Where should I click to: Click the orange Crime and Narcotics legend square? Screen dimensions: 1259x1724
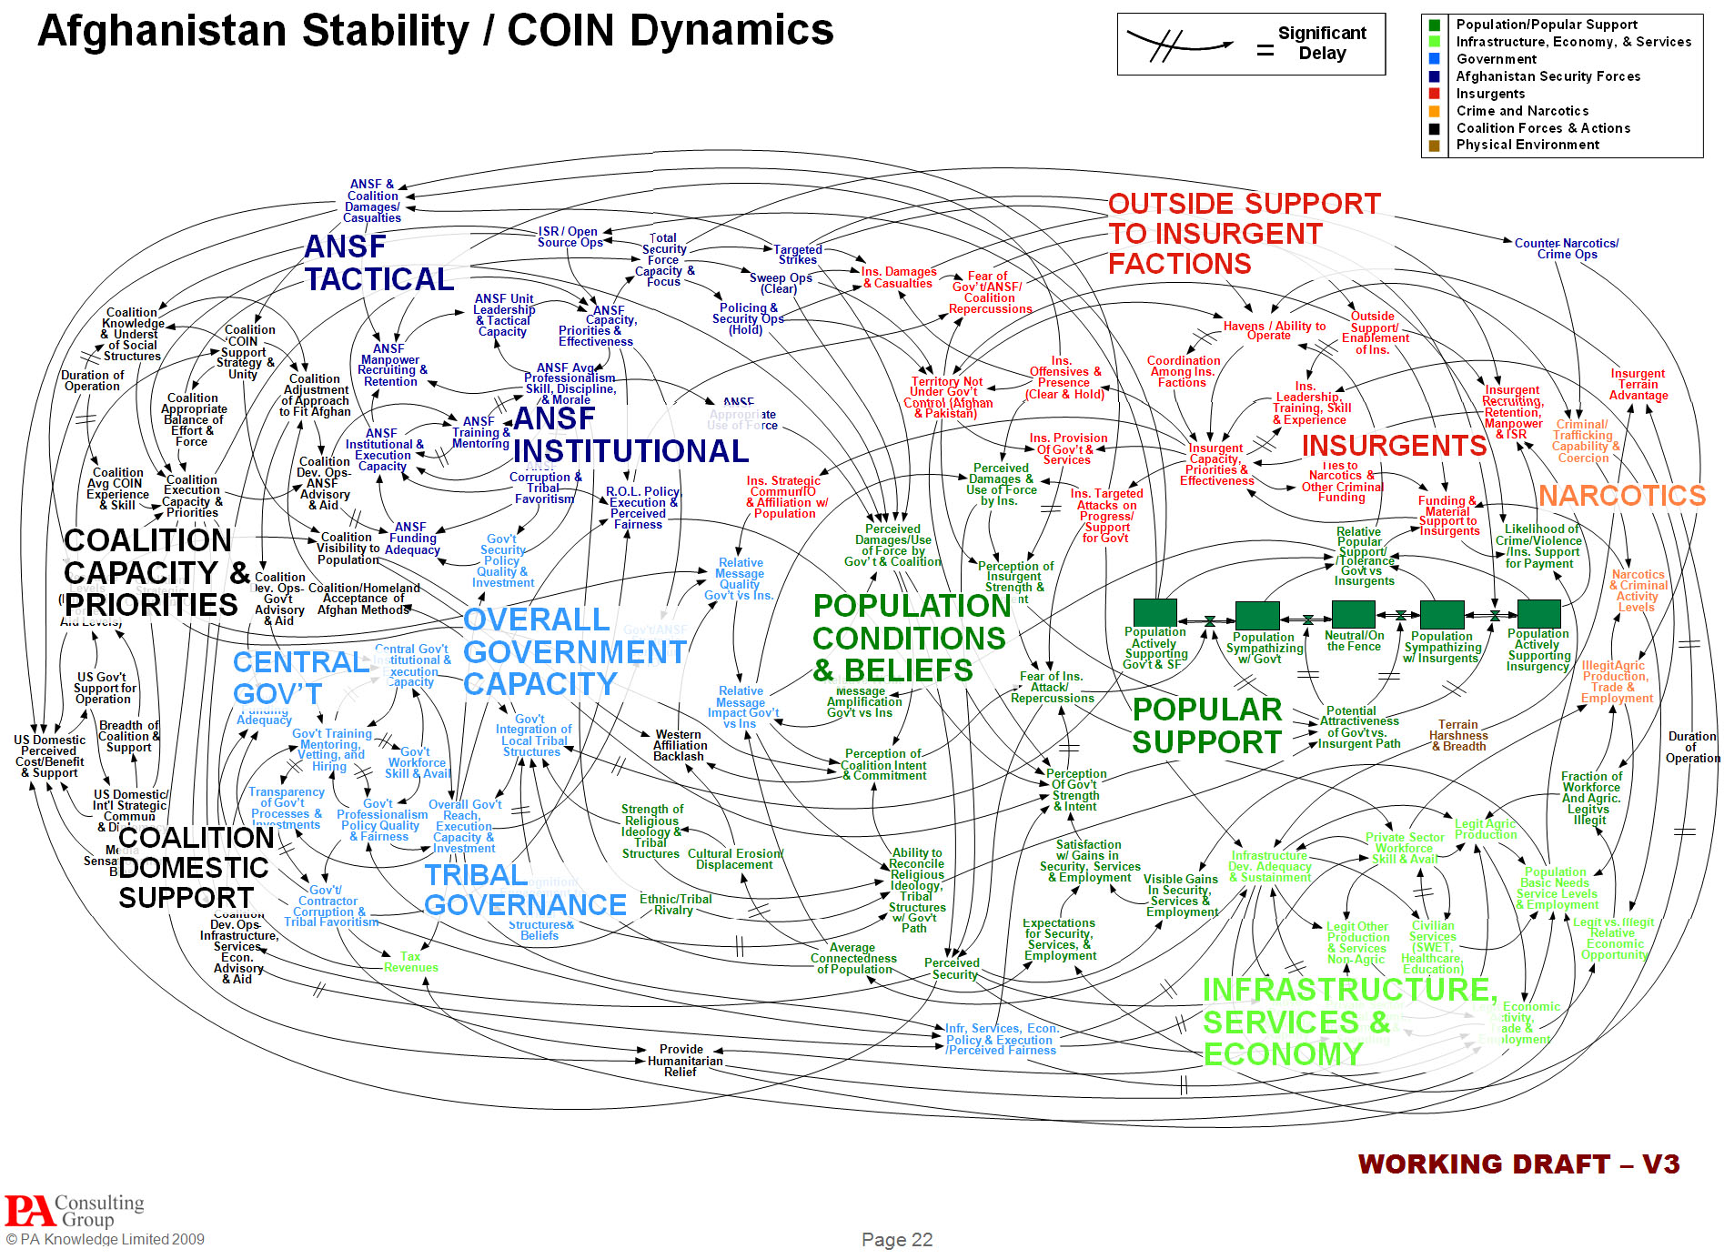coord(1435,111)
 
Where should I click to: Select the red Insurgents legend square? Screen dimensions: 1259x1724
coord(1435,94)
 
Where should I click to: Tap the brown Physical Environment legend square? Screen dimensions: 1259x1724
coord(1435,146)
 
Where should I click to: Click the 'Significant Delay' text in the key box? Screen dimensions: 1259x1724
coord(1322,44)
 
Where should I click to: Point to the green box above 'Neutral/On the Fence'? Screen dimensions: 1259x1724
coord(1353,614)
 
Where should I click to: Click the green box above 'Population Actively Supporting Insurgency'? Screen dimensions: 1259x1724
coord(1538,613)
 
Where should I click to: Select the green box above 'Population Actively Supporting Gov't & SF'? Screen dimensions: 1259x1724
coord(1154,612)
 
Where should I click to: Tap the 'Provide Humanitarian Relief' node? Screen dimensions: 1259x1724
coord(681,1061)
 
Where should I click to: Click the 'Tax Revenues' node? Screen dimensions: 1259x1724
coord(410,962)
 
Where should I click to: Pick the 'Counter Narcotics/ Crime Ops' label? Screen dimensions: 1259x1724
coord(1566,249)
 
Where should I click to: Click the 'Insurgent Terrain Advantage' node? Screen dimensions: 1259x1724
coord(1638,385)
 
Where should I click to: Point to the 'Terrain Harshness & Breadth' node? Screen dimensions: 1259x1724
coord(1457,736)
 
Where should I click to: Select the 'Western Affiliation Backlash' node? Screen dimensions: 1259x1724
coord(679,746)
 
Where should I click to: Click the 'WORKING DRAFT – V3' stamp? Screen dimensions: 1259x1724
coord(1517,1164)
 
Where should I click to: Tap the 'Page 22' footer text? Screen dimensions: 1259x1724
coord(896,1240)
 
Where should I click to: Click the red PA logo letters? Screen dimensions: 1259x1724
coord(29,1212)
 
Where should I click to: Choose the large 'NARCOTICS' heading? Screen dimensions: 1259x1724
coord(1621,496)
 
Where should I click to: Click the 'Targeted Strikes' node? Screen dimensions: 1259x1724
coord(797,255)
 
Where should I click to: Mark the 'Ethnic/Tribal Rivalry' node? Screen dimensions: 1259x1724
coord(675,904)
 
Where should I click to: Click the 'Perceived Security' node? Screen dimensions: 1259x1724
coord(952,969)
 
